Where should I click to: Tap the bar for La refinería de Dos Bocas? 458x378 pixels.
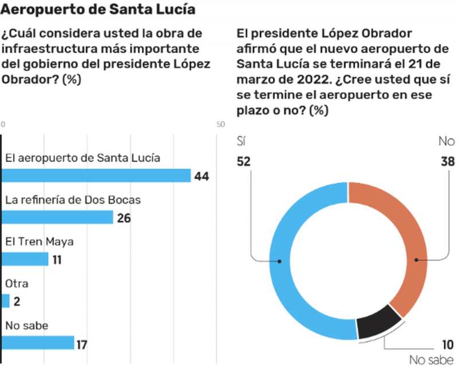point(58,217)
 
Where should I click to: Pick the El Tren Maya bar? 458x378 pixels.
point(25,259)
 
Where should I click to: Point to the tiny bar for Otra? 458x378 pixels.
point(6,301)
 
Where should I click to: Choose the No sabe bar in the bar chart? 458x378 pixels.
point(38,343)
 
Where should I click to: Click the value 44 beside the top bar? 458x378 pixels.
point(202,176)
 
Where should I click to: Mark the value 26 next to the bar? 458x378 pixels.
point(124,218)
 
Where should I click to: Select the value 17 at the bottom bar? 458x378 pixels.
point(81,344)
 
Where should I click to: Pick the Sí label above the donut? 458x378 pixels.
point(241,141)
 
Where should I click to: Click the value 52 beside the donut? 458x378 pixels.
point(244,162)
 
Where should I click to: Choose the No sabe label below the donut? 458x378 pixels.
point(432,360)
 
